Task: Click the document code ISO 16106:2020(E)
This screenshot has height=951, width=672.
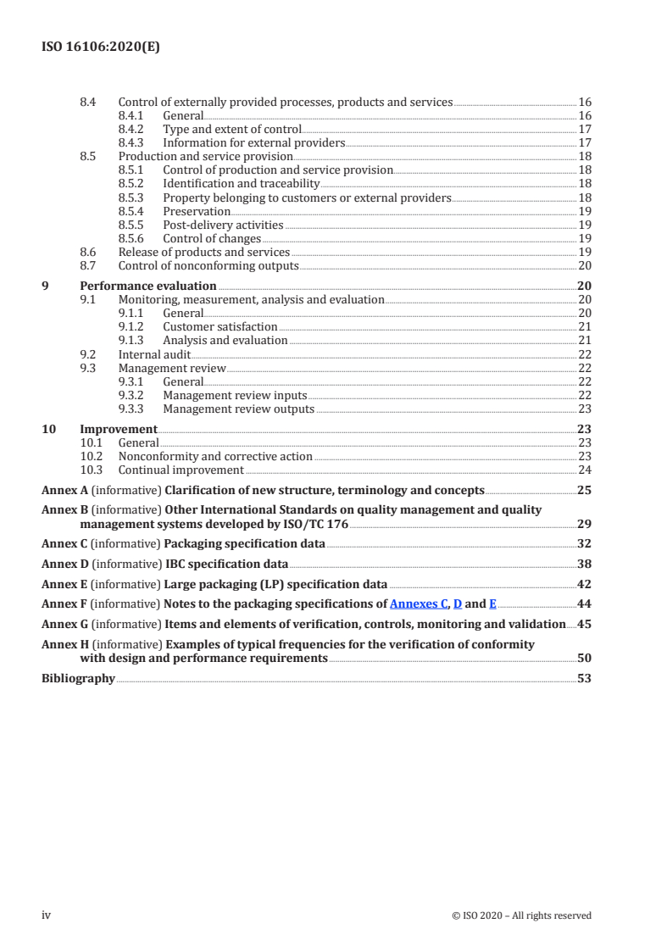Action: pyautogui.click(x=101, y=48)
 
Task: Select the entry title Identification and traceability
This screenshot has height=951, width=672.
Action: pyautogui.click(x=241, y=184)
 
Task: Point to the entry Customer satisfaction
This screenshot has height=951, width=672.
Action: pyautogui.click(x=219, y=326)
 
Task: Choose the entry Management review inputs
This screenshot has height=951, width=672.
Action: pyautogui.click(x=235, y=395)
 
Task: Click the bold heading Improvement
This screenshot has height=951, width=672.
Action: pyautogui.click(x=118, y=429)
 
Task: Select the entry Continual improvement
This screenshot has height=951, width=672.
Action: pyautogui.click(x=180, y=470)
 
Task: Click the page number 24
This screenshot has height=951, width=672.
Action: pyautogui.click(x=584, y=470)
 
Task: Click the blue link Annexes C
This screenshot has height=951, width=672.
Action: pyautogui.click(x=418, y=604)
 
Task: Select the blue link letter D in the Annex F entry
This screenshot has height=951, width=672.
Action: pyautogui.click(x=458, y=604)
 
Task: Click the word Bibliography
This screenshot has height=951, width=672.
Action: pyautogui.click(x=78, y=678)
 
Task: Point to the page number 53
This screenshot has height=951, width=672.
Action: pyautogui.click(x=584, y=678)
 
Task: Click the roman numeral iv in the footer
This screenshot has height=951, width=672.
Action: pyautogui.click(x=47, y=915)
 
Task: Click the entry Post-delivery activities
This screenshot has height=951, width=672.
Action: pyautogui.click(x=223, y=225)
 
